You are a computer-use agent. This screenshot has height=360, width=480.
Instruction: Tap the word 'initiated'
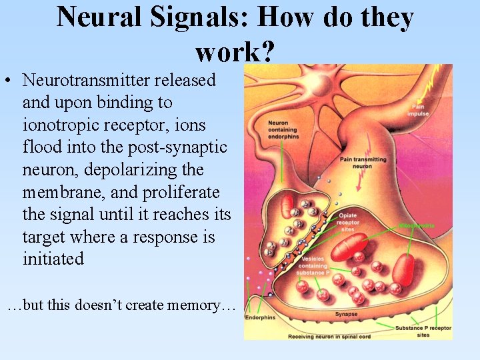coord(53,259)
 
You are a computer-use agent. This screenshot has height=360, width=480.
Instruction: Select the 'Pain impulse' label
coord(419,110)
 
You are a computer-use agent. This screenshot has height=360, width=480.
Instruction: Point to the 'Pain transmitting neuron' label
coord(363,163)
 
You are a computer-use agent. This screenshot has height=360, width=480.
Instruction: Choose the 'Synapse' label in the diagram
coord(346,314)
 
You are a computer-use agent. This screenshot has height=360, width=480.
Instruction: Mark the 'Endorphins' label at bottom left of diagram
coord(260,318)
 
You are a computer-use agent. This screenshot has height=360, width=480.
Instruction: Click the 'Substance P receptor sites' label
coord(423,331)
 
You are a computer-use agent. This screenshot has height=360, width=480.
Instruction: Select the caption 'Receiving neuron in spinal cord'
coord(327,336)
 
